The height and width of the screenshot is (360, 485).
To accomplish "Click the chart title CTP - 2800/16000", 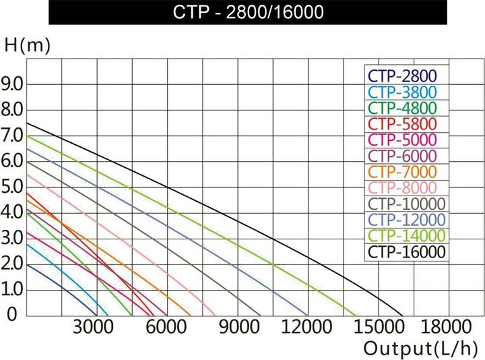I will point(247,12).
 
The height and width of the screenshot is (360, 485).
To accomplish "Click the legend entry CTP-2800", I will point(403,76).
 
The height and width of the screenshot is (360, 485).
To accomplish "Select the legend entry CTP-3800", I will point(403,92).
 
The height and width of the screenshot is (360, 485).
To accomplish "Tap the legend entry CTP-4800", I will point(403,109).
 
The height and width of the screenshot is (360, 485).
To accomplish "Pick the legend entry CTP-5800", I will point(403,124).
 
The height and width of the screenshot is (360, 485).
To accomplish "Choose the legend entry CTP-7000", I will point(403,172).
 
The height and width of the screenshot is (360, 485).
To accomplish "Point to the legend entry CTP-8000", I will point(403,188).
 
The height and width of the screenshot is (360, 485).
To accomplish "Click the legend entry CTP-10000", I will point(407,204).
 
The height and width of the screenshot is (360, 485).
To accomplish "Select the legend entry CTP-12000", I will point(407,220).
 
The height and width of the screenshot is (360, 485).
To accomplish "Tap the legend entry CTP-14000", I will point(407,236).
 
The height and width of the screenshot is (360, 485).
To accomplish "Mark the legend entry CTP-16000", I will point(407,252).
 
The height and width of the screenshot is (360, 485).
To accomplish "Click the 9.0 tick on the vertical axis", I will point(14,84).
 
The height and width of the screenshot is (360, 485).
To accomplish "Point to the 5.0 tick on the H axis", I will point(14,187).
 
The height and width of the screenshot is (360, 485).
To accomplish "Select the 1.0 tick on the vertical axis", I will point(14,289).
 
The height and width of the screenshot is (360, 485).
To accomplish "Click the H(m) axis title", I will point(26,47).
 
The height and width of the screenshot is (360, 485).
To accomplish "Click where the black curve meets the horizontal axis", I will point(403,316).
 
